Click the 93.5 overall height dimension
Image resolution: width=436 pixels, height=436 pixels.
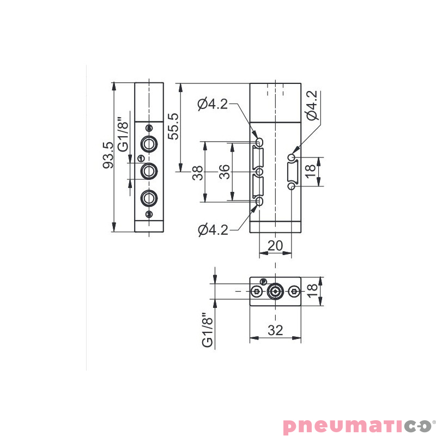[x=107, y=155]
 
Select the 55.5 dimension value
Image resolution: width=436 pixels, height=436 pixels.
[x=173, y=126]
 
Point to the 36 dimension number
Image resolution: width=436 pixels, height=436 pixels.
[x=225, y=173]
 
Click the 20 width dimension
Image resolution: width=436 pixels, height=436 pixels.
[x=275, y=246]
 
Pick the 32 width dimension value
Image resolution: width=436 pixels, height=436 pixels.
[x=275, y=330]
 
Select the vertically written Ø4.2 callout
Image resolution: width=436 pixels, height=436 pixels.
[x=311, y=105]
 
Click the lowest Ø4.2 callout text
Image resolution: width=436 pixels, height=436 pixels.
[x=213, y=231]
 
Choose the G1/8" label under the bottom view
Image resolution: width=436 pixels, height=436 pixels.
[x=207, y=330]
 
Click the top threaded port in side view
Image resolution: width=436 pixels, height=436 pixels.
[x=149, y=144]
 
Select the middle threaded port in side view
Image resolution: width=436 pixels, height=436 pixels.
[x=149, y=171]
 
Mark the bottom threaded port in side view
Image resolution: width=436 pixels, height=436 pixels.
[x=149, y=197]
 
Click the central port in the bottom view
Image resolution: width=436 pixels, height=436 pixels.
[x=275, y=292]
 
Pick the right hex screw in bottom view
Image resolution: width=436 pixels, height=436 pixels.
[x=294, y=292]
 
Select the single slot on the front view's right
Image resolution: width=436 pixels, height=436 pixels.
[x=292, y=172]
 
